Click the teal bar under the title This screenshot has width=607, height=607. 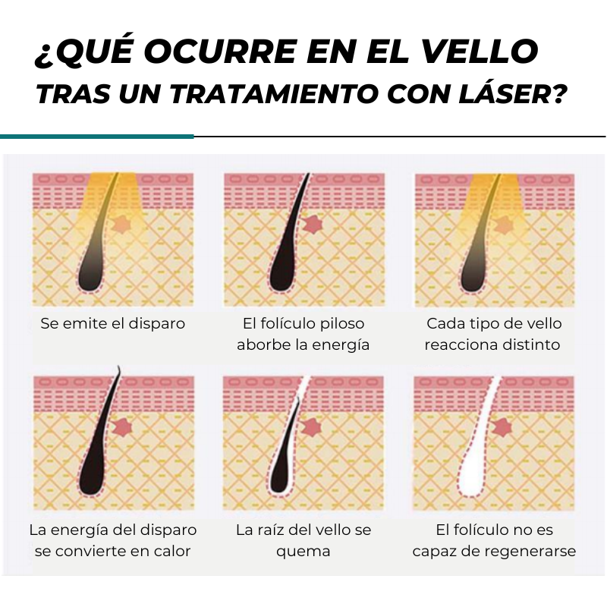click(x=97, y=137)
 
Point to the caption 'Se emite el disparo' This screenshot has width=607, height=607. click(x=112, y=323)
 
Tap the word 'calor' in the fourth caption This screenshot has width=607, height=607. click(x=170, y=551)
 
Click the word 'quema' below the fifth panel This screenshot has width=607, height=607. click(x=303, y=552)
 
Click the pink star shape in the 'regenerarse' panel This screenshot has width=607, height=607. click(x=502, y=427)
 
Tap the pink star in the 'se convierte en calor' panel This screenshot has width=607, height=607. click(x=122, y=427)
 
